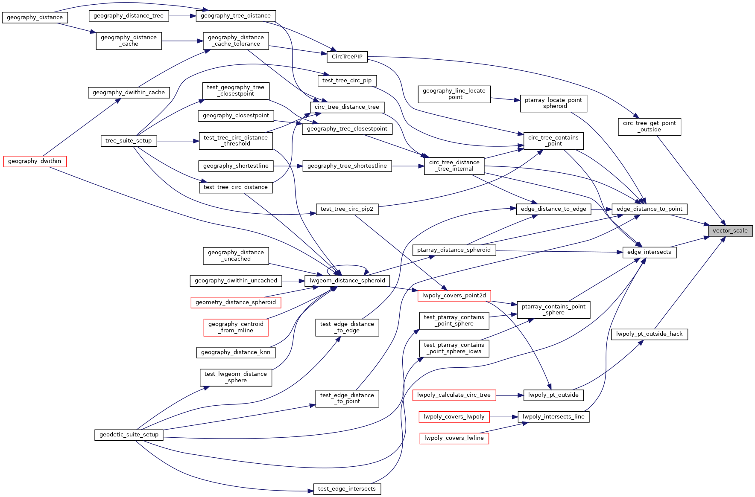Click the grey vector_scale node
[730, 231]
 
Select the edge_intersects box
[649, 252]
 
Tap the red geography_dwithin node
[35, 161]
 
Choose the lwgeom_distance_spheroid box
[347, 281]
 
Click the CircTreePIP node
[347, 57]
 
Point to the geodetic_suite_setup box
[129, 435]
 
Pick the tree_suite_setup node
[129, 141]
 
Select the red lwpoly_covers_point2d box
[454, 296]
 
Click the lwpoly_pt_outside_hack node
[649, 334]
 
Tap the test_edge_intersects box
[347, 489]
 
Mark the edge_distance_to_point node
[649, 209]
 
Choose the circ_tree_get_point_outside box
[649, 127]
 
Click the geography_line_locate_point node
[454, 94]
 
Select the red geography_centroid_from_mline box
[236, 327]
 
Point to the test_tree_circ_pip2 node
[347, 209]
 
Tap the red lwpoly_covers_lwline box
[454, 438]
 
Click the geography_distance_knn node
[236, 352]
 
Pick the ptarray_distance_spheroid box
[454, 250]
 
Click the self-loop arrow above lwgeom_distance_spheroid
[347, 266]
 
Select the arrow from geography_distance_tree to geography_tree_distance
[182, 16]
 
